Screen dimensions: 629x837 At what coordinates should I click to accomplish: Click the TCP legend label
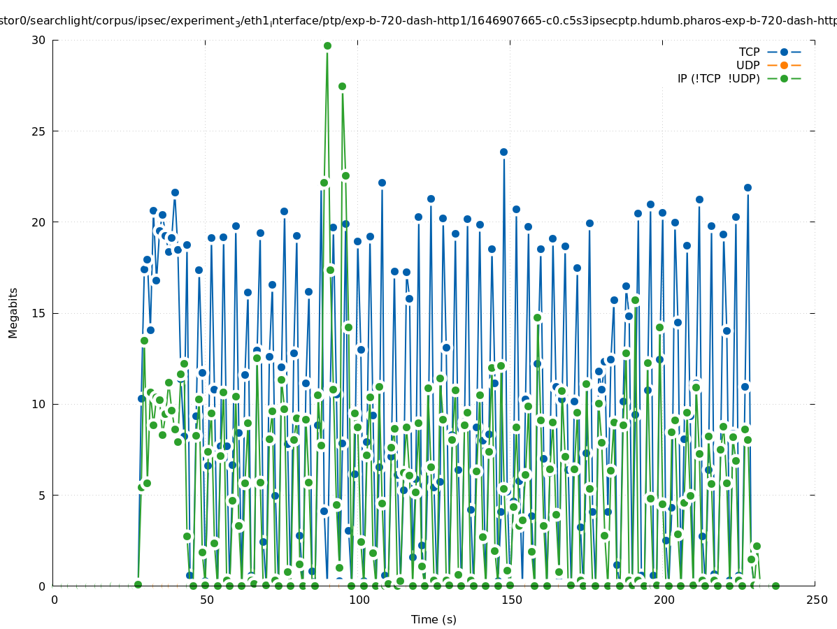pos(749,52)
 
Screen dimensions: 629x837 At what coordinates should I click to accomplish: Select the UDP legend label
pos(747,66)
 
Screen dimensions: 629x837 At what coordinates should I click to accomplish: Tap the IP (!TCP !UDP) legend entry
pos(718,79)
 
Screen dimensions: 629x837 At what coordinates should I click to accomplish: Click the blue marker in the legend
pos(784,52)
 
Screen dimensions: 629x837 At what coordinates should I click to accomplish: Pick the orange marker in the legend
pos(784,66)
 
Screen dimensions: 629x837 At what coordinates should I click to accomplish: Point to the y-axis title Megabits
pos(13,312)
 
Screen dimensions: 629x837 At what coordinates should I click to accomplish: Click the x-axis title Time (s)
pos(434,619)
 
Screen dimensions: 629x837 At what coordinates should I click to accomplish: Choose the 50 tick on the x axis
pos(206,600)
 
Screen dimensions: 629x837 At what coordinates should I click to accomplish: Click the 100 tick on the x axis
pos(359,600)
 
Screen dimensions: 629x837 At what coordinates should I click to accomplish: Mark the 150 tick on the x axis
pos(511,600)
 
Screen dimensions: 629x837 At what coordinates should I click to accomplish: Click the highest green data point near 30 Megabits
pos(327,46)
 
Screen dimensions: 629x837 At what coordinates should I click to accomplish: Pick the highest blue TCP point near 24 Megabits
pos(503,152)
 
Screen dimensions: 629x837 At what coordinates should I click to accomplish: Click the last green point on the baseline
pos(775,586)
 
